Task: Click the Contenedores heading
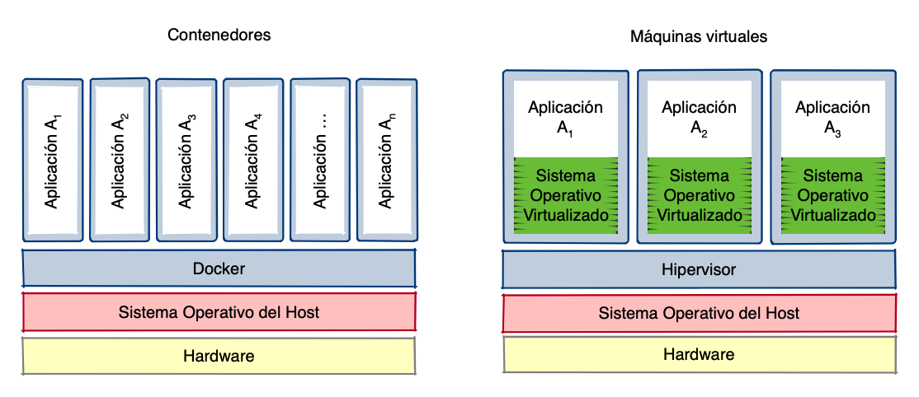click(219, 35)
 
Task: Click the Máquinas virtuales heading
click(699, 37)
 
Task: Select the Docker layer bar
click(219, 269)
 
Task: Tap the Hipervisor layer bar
click(699, 269)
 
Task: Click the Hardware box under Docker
click(219, 356)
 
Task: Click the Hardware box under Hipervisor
click(699, 354)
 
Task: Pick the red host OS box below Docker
click(219, 312)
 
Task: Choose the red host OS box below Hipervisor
click(699, 313)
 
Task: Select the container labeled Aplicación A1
click(53, 161)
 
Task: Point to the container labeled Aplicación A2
click(120, 161)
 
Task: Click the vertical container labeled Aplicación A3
click(187, 161)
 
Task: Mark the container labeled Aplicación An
click(387, 161)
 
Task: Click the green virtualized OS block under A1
click(565, 196)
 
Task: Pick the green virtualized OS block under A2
click(699, 196)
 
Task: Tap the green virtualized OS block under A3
click(832, 196)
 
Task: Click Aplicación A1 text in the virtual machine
click(565, 117)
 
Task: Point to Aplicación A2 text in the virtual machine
click(699, 117)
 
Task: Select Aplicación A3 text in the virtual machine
click(832, 117)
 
